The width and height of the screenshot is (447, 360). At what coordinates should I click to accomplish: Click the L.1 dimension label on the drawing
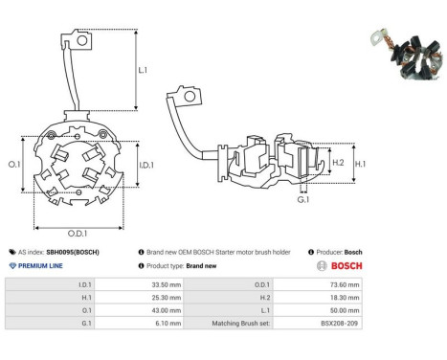(143, 70)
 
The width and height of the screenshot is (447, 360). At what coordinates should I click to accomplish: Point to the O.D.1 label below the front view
(78, 234)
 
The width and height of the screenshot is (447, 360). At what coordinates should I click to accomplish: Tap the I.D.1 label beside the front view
(146, 165)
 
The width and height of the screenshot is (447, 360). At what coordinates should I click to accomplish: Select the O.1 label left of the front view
(14, 165)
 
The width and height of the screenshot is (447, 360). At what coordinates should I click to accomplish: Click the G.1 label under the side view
(303, 200)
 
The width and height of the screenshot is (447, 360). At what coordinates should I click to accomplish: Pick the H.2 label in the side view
(338, 163)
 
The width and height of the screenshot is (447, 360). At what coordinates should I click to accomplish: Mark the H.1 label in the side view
(360, 164)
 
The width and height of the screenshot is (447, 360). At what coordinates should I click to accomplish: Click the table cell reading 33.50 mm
(167, 284)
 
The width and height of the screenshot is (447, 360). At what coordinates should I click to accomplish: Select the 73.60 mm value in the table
(345, 284)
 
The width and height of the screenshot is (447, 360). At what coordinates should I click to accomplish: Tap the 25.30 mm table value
(167, 298)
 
